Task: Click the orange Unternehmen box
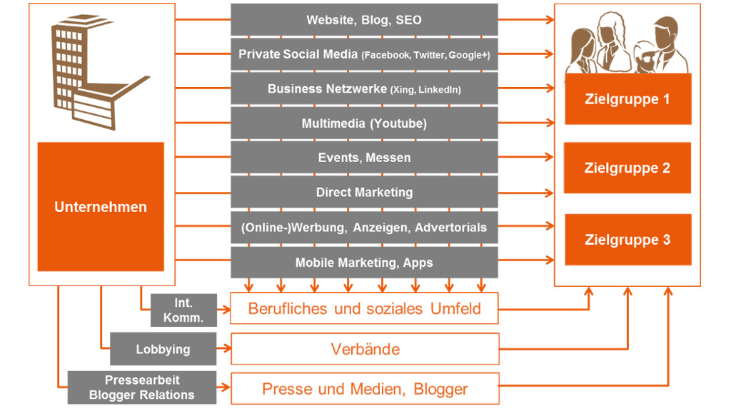coord(101,207)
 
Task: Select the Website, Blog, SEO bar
coord(364,20)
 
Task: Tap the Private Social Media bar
coord(364,54)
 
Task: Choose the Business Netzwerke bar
coord(364,89)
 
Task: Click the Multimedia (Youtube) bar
coord(364,123)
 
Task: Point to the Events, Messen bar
coord(364,158)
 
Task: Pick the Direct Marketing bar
coord(364,192)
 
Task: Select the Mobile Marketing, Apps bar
coord(364,263)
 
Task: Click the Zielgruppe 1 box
coord(627,99)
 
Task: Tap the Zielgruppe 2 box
coord(627,168)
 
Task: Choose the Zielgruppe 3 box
coord(627,240)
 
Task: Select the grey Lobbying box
coord(163,350)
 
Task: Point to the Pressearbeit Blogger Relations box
coord(142,387)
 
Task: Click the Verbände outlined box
coord(365,349)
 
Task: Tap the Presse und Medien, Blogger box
coord(365,389)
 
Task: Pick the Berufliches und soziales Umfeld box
coord(365,309)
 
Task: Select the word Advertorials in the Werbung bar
coord(450,228)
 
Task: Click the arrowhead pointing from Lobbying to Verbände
coord(227,350)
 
